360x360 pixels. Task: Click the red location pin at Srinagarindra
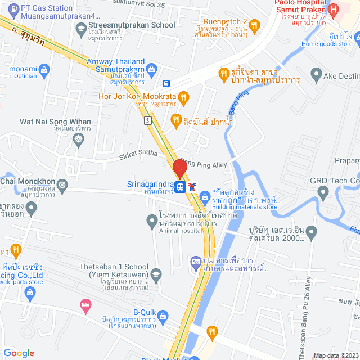[179, 169]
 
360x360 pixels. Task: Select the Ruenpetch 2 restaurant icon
[255, 25]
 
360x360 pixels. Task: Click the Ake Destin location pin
[316, 74]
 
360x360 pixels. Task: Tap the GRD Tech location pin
[323, 193]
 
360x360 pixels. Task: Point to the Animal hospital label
[181, 230]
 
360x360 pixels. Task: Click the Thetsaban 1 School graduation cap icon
[156, 275]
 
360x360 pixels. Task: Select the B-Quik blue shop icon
[163, 315]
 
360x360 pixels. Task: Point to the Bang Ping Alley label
[204, 164]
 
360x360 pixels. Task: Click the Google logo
[19, 353]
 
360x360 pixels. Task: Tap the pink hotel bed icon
[86, 305]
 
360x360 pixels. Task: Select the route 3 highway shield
[147, 120]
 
